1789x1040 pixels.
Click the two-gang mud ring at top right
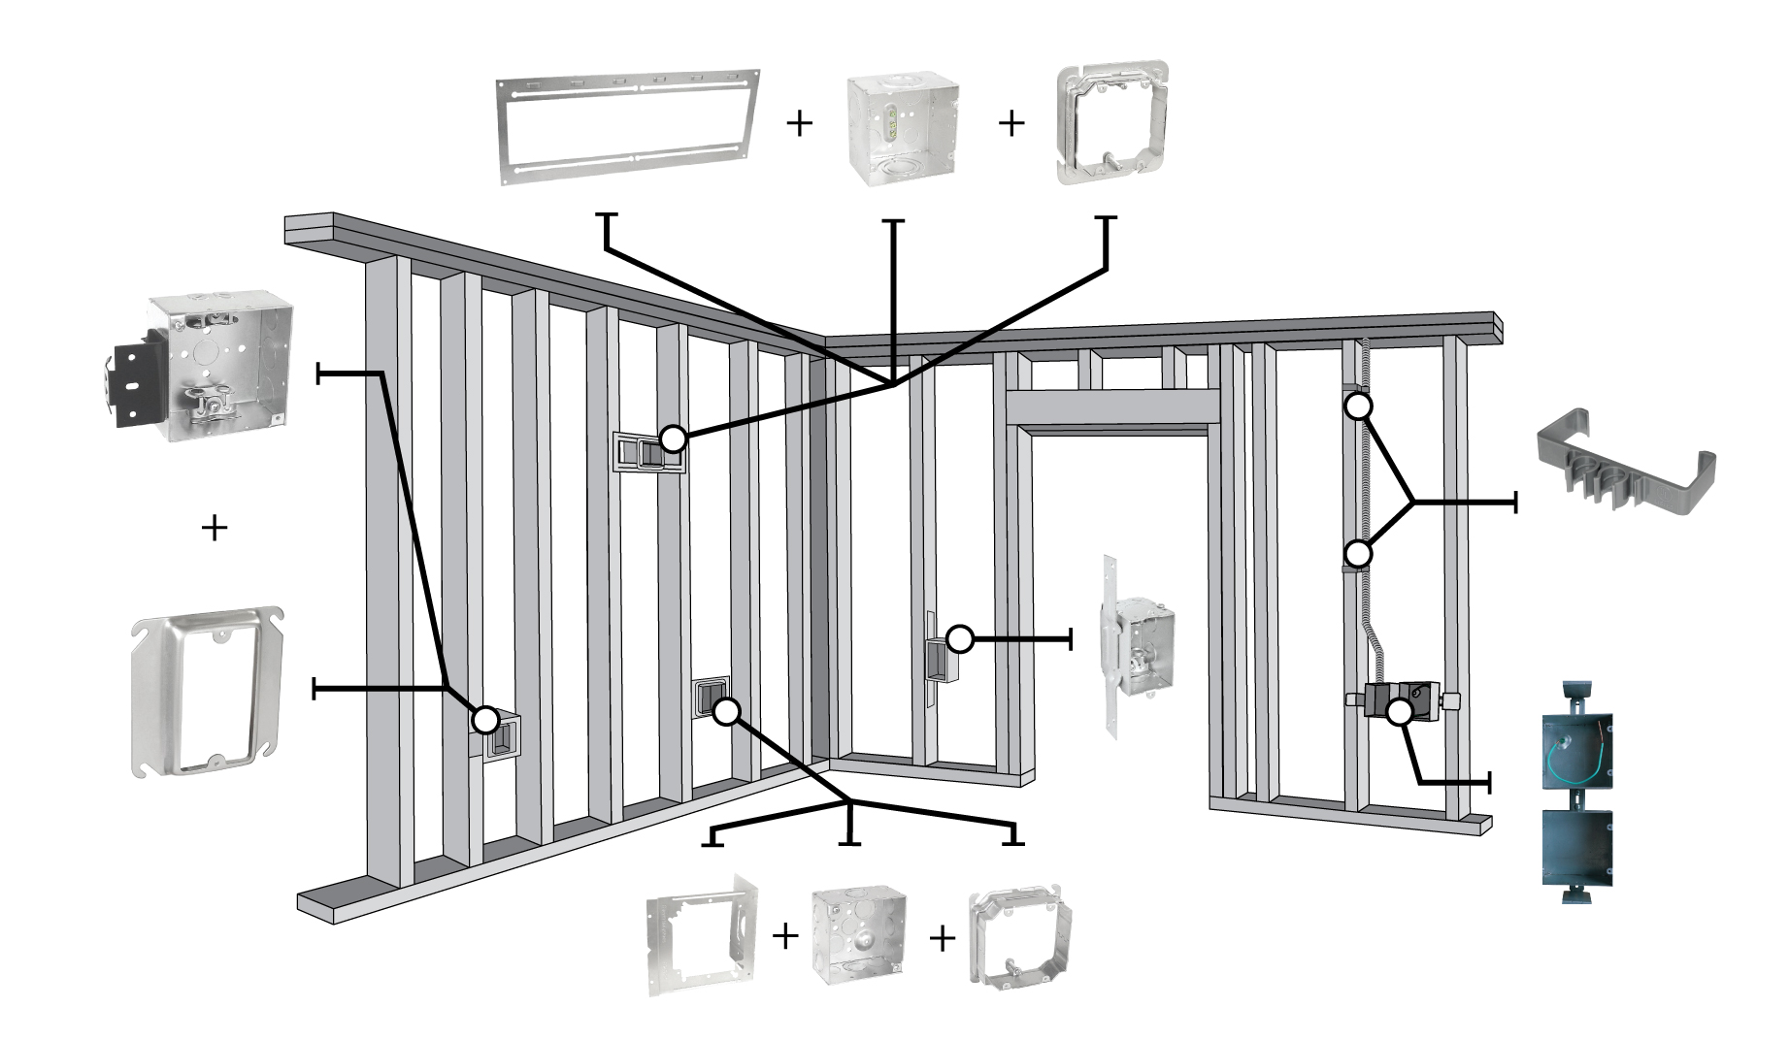point(1112,124)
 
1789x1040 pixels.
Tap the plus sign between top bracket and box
point(799,123)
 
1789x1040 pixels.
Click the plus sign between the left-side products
point(214,528)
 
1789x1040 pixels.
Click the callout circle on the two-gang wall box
point(673,439)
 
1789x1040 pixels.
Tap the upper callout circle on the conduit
point(1358,406)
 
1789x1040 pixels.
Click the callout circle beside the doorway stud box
point(959,638)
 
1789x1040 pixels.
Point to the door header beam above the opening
point(1112,406)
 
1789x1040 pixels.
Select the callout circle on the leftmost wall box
point(485,720)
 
